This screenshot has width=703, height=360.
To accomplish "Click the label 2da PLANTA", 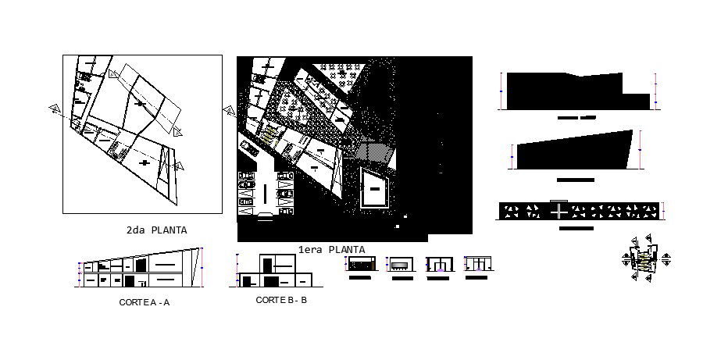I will [156, 230].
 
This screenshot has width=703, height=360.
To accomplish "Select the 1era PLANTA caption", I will [331, 249].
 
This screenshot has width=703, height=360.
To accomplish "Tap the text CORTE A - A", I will [144, 302].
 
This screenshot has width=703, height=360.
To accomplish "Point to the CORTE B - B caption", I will [281, 300].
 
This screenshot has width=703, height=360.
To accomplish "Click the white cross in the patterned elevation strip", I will [559, 212].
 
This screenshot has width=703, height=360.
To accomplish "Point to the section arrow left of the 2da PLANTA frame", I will [54, 109].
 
